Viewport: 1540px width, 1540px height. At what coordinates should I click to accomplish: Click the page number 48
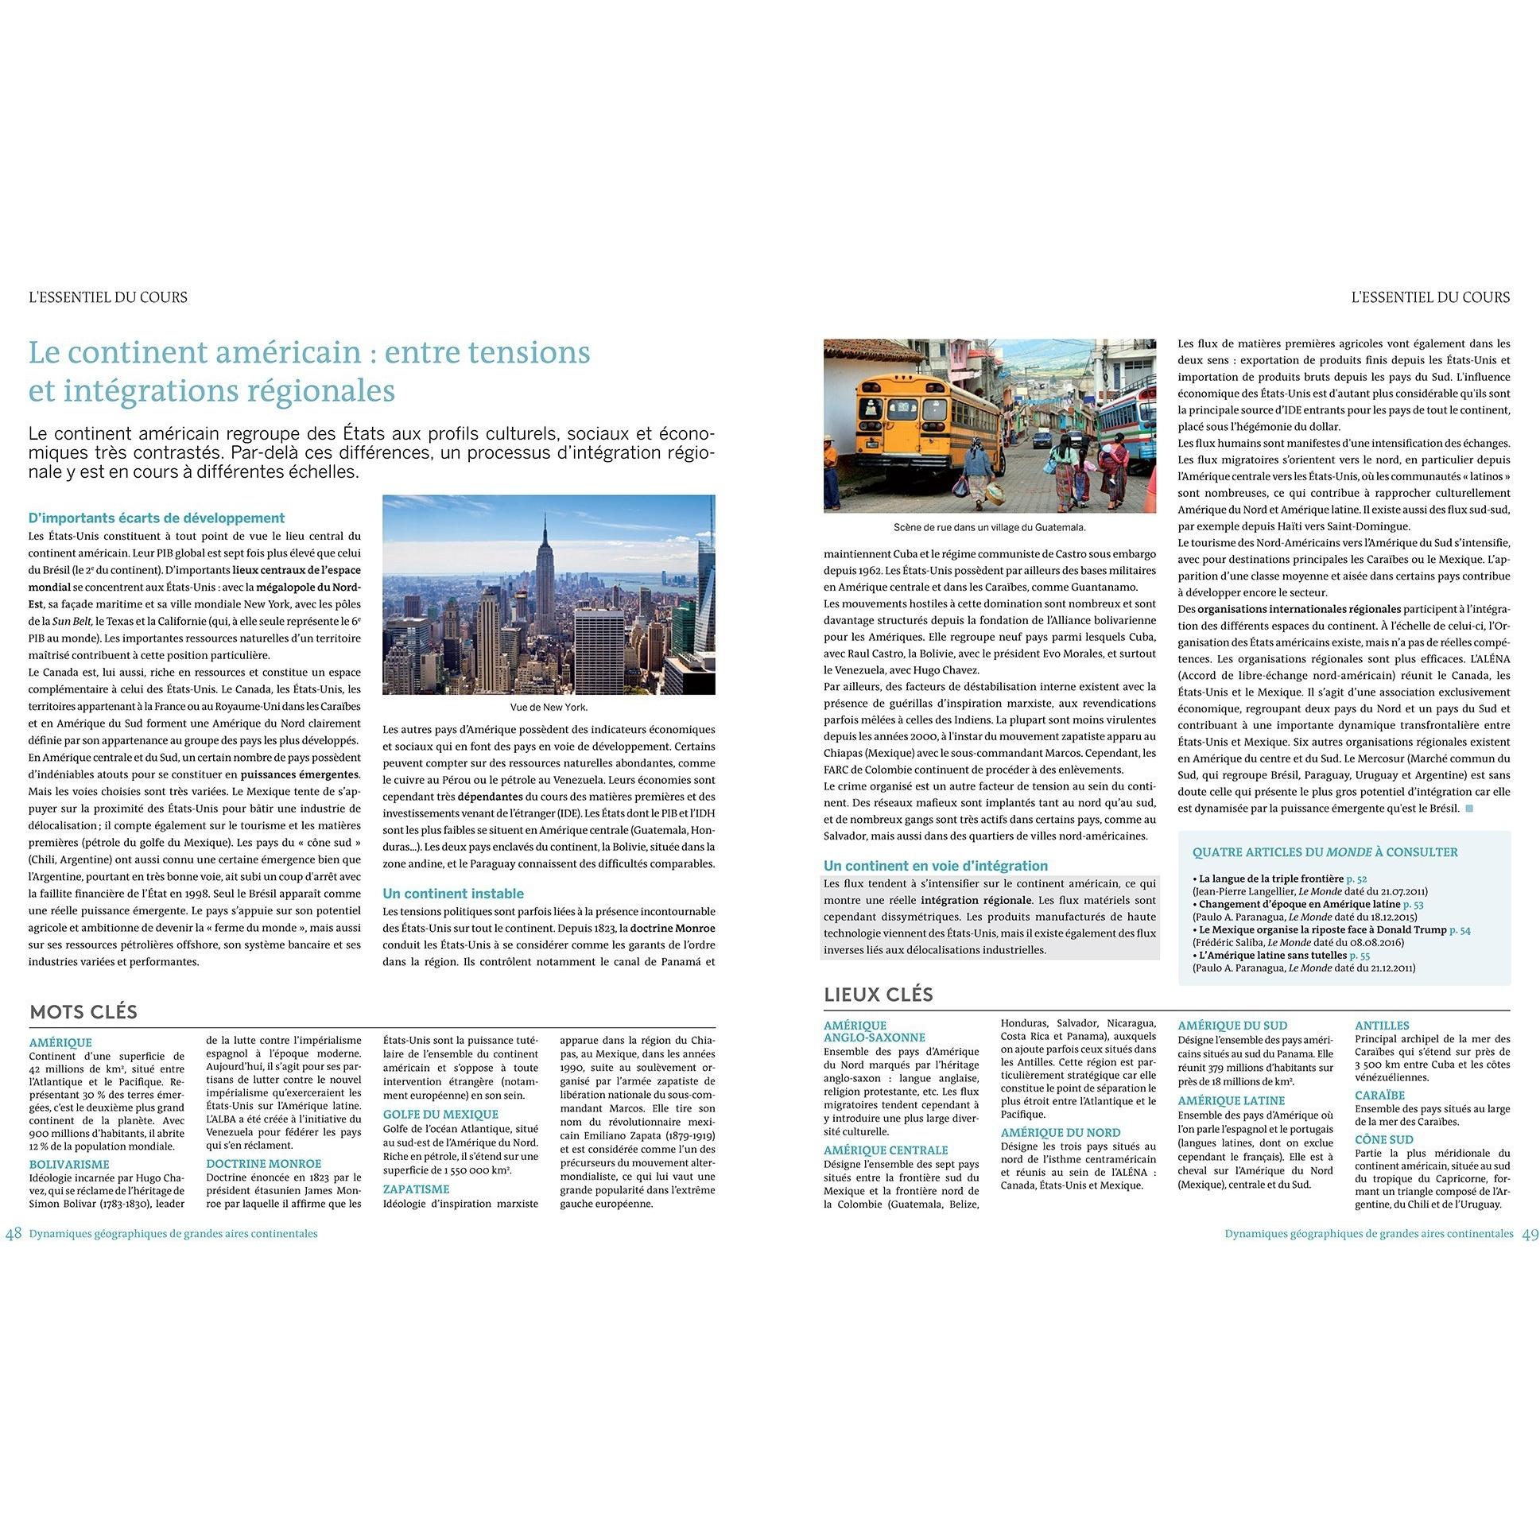14,1233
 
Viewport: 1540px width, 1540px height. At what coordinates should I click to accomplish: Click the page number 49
1530,1233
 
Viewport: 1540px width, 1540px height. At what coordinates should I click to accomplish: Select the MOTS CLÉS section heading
83,1012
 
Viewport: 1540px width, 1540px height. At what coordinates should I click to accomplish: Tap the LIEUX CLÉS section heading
878,995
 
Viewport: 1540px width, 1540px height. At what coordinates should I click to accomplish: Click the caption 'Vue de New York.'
549,707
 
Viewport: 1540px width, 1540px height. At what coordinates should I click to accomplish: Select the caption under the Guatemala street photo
989,527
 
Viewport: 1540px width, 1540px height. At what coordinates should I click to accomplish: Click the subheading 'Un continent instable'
452,894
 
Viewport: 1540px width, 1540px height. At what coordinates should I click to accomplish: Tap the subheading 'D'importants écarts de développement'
157,518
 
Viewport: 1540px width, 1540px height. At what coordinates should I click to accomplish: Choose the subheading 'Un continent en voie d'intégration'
935,866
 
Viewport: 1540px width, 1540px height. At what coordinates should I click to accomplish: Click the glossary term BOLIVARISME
68,1165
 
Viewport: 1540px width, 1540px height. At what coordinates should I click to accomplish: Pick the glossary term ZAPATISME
416,1189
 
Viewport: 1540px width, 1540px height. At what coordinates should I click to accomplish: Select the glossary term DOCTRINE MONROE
263,1164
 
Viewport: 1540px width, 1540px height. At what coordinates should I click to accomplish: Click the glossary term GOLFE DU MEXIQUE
440,1115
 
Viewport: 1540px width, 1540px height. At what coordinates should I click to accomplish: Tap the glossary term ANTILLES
1381,1026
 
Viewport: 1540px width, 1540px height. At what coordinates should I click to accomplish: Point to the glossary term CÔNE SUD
1383,1140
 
